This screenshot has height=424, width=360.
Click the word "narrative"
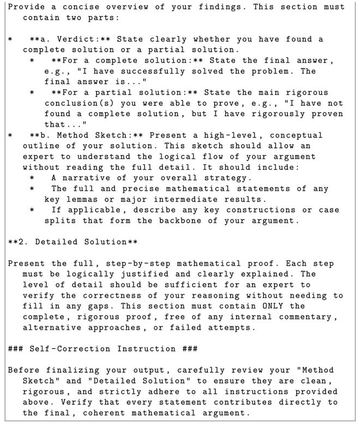tap(83, 178)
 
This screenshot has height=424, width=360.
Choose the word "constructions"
tap(257, 210)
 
